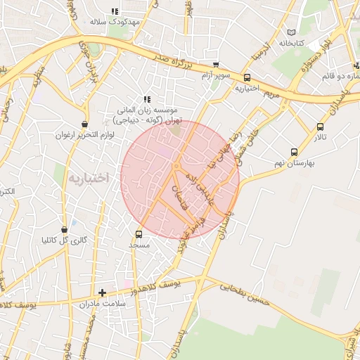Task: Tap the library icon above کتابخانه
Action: pos(291,32)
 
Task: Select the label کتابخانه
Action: pos(290,43)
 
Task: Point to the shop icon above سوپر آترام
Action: pos(215,64)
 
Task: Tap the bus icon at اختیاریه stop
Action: pos(247,77)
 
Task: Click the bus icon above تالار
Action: pos(321,127)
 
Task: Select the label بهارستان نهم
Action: pos(294,162)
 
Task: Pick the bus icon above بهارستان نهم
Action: pos(293,151)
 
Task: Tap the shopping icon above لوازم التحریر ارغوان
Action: pos(85,124)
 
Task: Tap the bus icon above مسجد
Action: pos(139,234)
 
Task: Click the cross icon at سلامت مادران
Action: pos(103,292)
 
